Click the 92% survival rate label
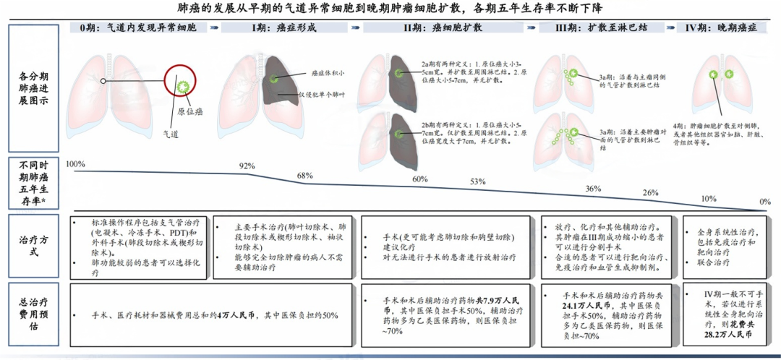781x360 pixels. [x=247, y=167]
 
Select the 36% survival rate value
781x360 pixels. [x=593, y=189]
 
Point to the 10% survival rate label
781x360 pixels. [x=709, y=199]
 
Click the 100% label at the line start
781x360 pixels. [x=75, y=164]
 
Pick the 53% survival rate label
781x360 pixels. [x=477, y=181]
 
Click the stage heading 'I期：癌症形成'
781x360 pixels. [x=283, y=27]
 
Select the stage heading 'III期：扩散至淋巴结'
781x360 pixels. [x=602, y=27]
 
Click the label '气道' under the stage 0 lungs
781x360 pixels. [x=170, y=134]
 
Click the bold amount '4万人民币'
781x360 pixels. [x=236, y=316]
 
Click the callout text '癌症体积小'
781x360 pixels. [x=328, y=73]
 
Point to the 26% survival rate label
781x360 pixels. [x=649, y=193]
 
